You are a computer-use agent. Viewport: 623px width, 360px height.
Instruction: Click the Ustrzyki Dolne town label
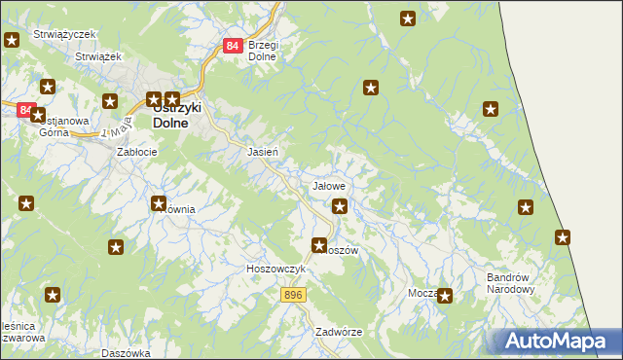point(175,116)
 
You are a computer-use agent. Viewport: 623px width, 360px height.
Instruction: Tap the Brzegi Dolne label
point(263,51)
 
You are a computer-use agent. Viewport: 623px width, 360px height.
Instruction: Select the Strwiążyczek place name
point(64,34)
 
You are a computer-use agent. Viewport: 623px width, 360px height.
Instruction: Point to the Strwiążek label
point(97,57)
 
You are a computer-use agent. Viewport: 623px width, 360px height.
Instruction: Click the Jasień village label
point(264,153)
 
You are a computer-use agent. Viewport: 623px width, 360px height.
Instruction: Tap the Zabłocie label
point(137,153)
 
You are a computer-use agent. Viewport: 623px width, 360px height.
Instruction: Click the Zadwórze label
point(339,332)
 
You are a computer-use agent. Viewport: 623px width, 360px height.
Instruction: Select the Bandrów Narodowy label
point(511,283)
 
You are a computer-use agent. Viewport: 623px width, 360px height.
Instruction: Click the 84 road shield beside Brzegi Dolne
point(232,46)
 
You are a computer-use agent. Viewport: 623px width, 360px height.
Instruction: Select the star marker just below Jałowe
point(340,205)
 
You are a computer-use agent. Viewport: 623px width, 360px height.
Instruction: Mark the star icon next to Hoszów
point(318,246)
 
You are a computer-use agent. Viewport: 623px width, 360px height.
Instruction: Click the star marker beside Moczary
point(445,296)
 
